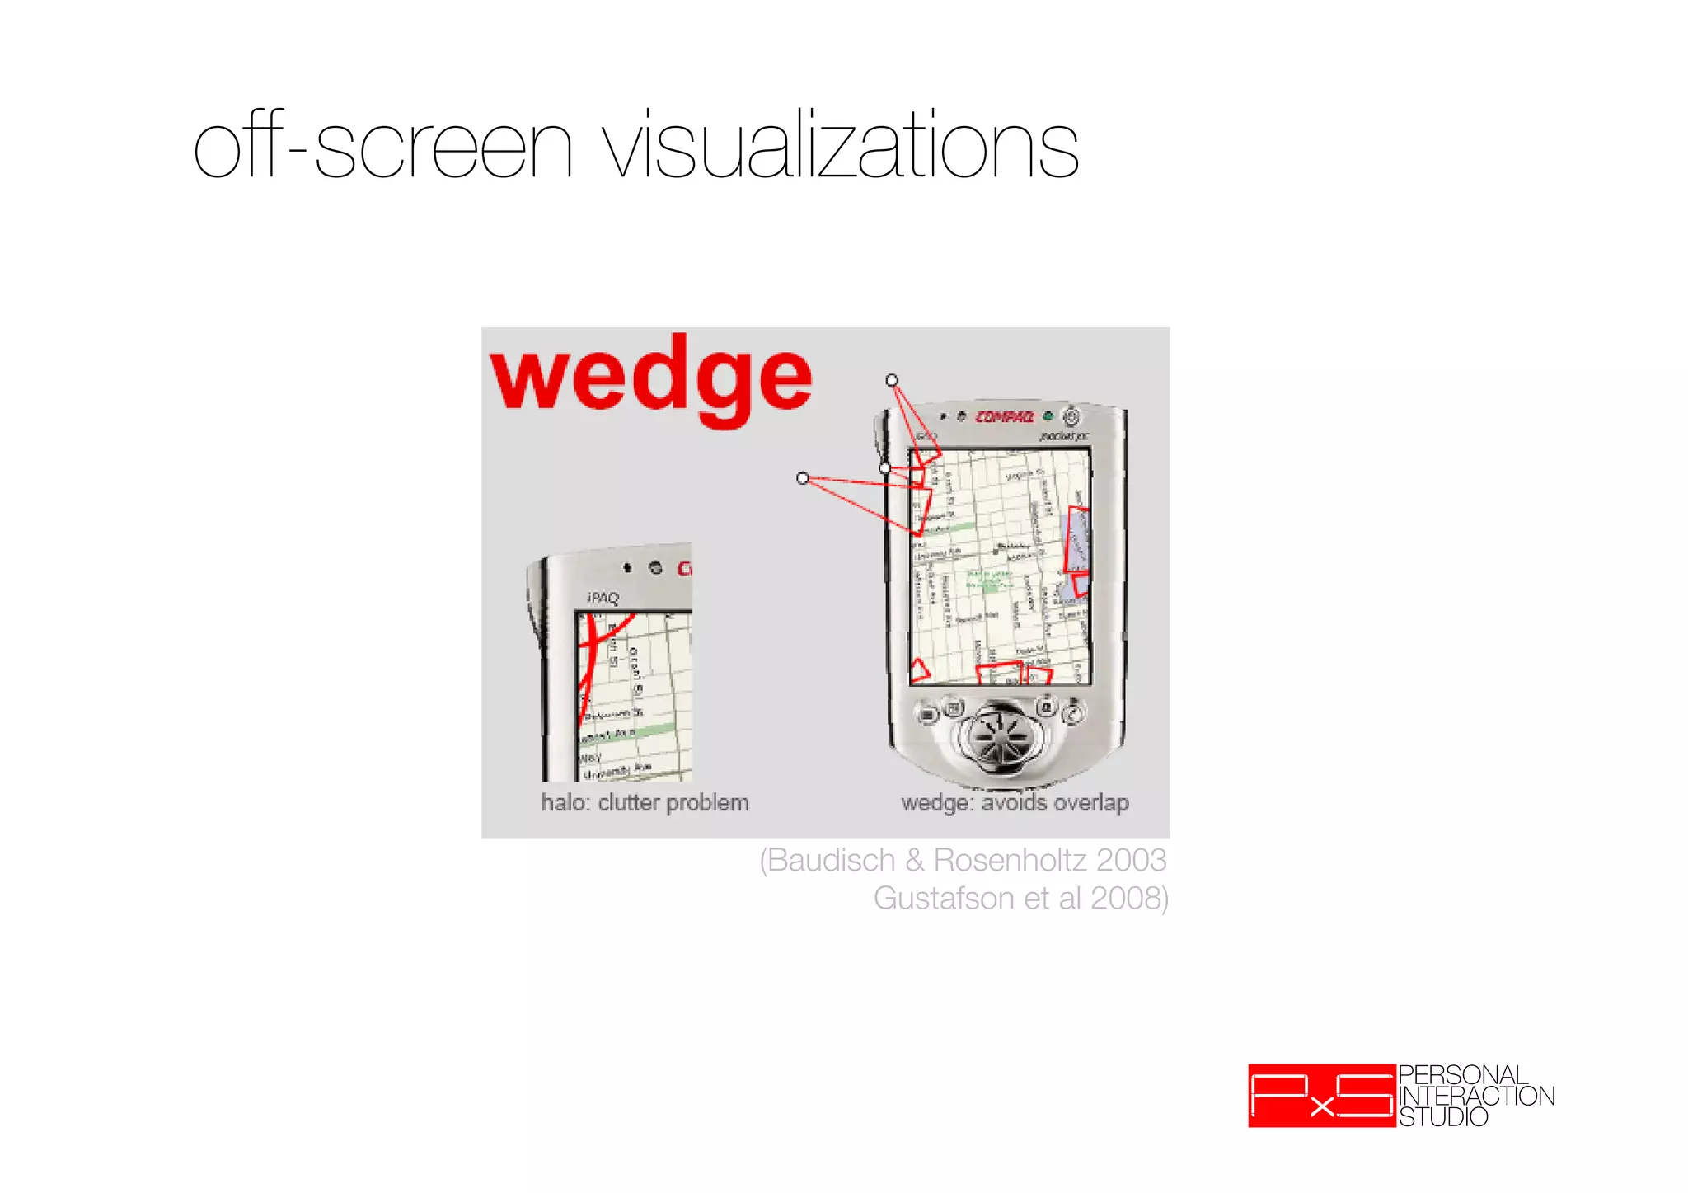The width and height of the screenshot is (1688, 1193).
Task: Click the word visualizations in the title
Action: (841, 147)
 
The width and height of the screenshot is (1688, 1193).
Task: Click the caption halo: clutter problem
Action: (645, 802)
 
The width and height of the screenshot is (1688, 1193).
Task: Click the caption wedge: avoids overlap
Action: (1015, 802)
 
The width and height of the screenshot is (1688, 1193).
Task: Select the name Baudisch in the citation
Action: (831, 860)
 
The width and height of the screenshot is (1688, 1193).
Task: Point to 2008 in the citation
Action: (1126, 898)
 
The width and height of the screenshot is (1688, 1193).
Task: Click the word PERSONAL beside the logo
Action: (1463, 1075)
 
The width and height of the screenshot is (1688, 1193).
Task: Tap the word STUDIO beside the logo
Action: (1443, 1117)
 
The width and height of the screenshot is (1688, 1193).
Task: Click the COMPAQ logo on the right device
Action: (1005, 417)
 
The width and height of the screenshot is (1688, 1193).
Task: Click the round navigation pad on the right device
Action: (1000, 731)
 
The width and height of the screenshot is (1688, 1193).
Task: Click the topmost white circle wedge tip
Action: (892, 380)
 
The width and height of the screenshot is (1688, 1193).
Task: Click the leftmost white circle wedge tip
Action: (803, 478)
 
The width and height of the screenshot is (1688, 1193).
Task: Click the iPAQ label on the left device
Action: (603, 598)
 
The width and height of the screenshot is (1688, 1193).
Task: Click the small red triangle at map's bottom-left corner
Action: (919, 670)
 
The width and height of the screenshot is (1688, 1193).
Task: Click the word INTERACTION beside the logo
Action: (1476, 1097)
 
